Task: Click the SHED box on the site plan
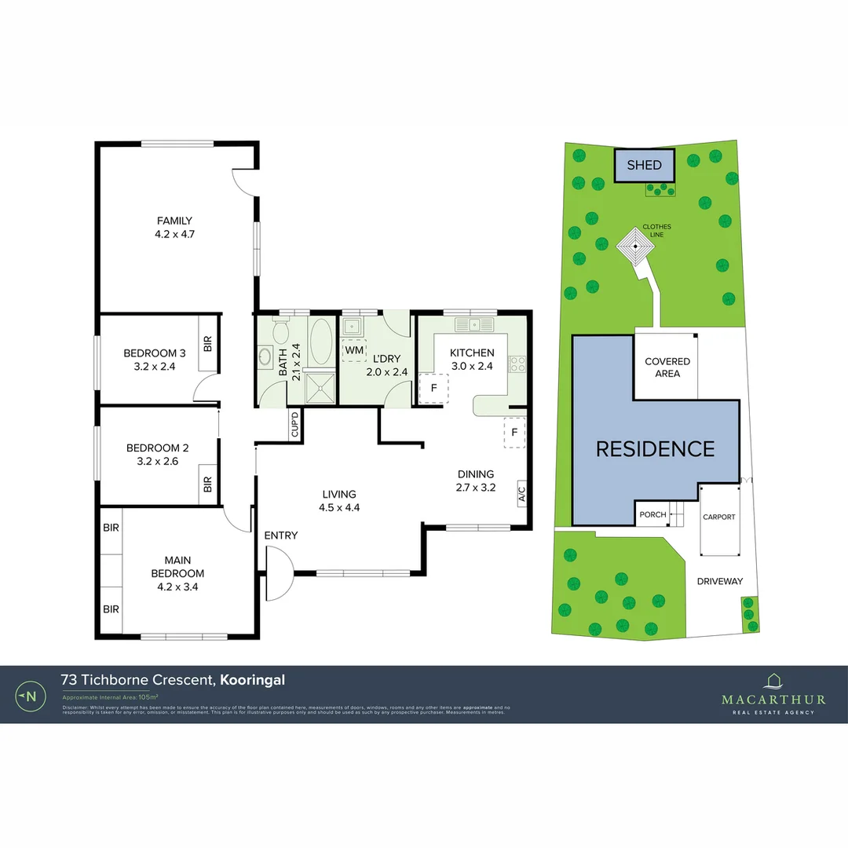tap(644, 166)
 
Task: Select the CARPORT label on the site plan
tap(718, 517)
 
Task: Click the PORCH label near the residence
tap(652, 515)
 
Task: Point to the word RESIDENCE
tap(655, 449)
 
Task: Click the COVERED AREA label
tap(667, 367)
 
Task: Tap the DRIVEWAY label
tap(719, 581)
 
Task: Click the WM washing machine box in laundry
tap(354, 349)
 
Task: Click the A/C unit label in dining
tap(521, 493)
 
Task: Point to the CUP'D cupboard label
tap(295, 425)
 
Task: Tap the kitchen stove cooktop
tap(517, 364)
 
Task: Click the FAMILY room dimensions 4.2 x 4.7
tap(174, 233)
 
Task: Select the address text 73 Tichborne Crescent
tap(139, 680)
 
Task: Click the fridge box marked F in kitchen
tap(433, 388)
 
